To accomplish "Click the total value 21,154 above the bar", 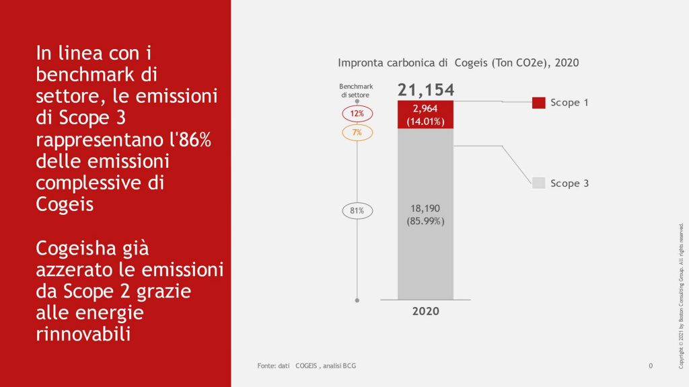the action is pyautogui.click(x=426, y=90).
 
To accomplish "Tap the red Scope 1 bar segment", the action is pyautogui.click(x=425, y=114).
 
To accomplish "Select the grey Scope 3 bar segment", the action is pyautogui.click(x=425, y=214).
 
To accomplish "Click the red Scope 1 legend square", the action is pyautogui.click(x=539, y=103).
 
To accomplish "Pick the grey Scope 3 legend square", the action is pyautogui.click(x=539, y=183).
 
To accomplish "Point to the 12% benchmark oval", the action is pyautogui.click(x=357, y=114).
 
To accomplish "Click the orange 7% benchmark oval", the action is pyautogui.click(x=357, y=132).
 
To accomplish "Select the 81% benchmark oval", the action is pyautogui.click(x=357, y=211).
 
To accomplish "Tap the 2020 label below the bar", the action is pyautogui.click(x=425, y=311).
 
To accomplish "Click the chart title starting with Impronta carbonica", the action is pyautogui.click(x=458, y=62).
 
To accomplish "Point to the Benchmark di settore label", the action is pyautogui.click(x=356, y=91).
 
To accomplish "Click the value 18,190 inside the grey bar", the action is pyautogui.click(x=425, y=208).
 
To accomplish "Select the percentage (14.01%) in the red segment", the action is pyautogui.click(x=425, y=122).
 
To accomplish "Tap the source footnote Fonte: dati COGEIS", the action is pyautogui.click(x=307, y=365).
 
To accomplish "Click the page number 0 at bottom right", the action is pyautogui.click(x=651, y=365).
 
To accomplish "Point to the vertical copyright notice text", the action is pyautogui.click(x=681, y=296).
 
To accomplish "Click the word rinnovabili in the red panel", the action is pyautogui.click(x=83, y=334).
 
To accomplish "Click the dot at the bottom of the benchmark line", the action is pyautogui.click(x=357, y=300).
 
